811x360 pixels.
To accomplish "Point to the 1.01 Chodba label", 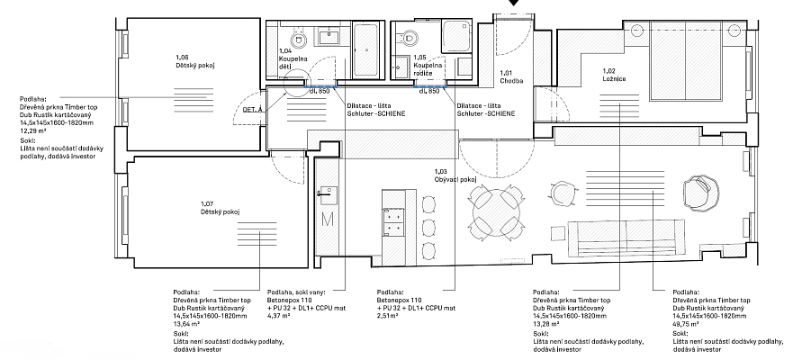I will pyautogui.click(x=511, y=77).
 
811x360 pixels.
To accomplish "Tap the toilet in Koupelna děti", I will pyautogui.click(x=299, y=37).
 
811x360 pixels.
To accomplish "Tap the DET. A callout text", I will pyautogui.click(x=253, y=110).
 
